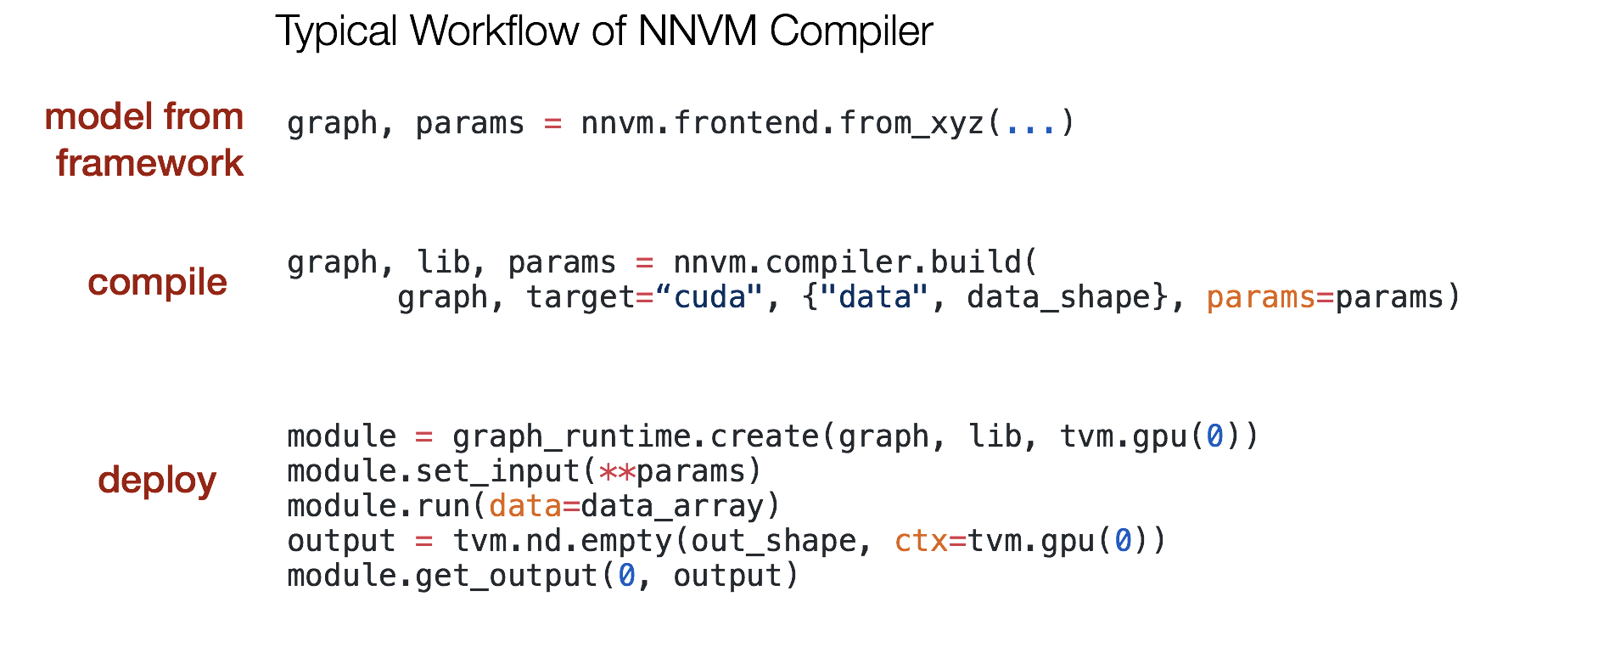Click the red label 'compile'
(x=157, y=283)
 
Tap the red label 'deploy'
(x=157, y=481)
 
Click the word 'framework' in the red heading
(x=150, y=163)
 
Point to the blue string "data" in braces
(x=873, y=297)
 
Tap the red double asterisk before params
(x=617, y=471)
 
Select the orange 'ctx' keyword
(x=921, y=541)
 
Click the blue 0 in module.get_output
(x=626, y=576)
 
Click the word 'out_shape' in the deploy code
(x=773, y=541)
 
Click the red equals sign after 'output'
(x=424, y=541)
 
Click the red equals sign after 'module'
(x=424, y=436)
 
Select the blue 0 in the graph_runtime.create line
(x=1215, y=436)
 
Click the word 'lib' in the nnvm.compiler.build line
(x=443, y=262)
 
